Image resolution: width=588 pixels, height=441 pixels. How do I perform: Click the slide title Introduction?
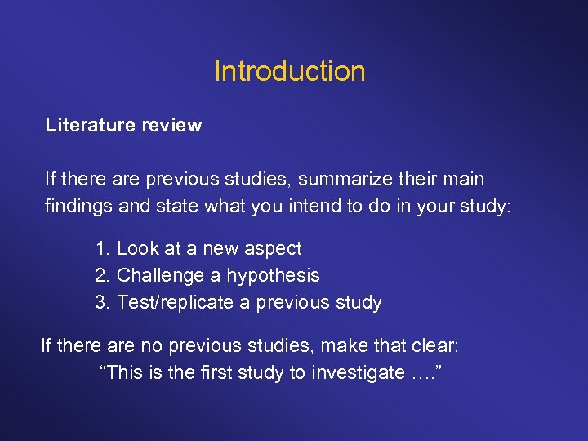point(290,71)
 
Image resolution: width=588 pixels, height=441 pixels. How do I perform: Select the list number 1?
point(101,248)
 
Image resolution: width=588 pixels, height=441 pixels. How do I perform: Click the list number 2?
point(101,275)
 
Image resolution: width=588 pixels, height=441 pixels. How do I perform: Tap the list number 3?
point(101,302)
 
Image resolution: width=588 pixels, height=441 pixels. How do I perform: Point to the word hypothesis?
point(273,276)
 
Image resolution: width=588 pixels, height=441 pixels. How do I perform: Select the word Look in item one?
point(136,248)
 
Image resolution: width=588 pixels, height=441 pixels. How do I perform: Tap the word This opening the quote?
point(122,373)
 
